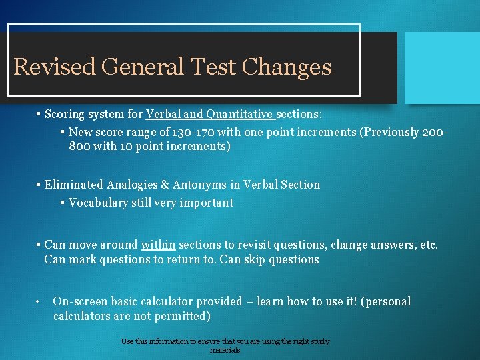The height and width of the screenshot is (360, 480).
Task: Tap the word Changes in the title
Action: click(x=287, y=67)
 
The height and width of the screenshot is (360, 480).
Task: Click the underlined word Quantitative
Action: click(x=239, y=114)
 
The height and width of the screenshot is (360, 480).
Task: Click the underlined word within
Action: click(x=158, y=245)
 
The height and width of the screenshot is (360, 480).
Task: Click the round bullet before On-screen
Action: click(x=39, y=302)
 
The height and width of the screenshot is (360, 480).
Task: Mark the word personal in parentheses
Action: click(x=387, y=301)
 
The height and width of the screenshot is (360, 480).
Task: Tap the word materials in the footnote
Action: click(x=225, y=350)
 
